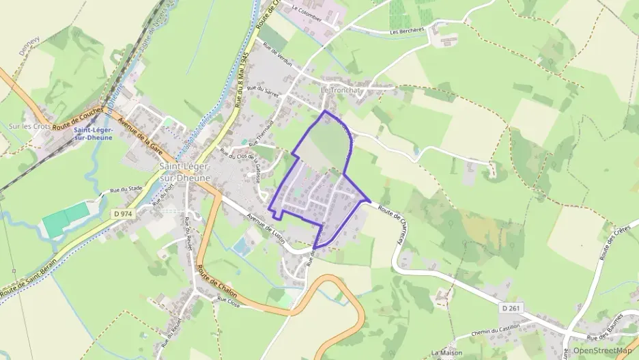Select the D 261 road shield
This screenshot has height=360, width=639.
513,309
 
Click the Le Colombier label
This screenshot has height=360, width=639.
307,10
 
